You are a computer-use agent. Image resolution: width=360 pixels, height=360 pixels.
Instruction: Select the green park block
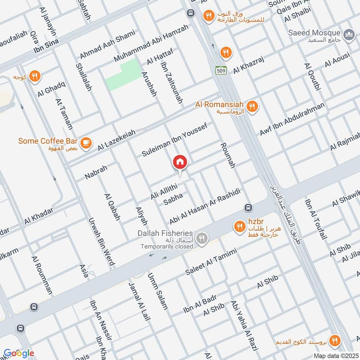coord(123,74)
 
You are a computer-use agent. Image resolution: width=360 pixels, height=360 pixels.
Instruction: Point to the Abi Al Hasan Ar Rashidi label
coord(204,206)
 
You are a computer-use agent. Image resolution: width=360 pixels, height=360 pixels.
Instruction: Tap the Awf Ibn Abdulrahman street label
coord(292,120)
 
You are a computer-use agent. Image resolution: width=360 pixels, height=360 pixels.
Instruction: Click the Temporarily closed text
coord(166,247)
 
